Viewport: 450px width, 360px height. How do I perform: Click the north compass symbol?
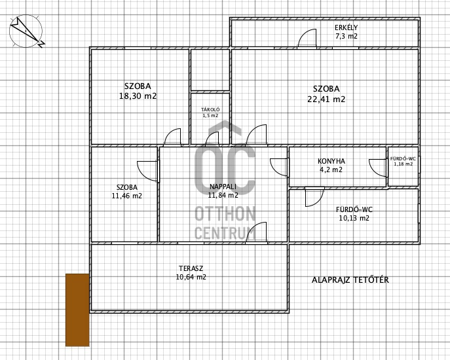point(26,31)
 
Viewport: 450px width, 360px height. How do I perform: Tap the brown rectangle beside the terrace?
point(77,310)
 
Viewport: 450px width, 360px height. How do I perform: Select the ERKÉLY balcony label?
point(347,27)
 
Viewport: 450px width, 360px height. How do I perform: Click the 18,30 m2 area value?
point(138,96)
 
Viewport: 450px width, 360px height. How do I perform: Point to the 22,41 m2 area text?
point(326,99)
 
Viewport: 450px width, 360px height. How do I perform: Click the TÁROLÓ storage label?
point(210,109)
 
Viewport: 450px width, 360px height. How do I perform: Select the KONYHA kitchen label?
point(331,161)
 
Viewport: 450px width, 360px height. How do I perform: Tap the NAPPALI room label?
point(223,187)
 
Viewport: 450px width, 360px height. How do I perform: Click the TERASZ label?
point(191,268)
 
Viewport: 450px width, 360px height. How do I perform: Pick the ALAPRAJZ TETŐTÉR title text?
point(350,279)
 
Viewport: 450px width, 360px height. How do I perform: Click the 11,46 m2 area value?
point(127,196)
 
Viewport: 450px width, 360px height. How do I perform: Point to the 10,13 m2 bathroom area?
point(354,218)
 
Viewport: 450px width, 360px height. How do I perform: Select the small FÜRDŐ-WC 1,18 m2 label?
point(403,161)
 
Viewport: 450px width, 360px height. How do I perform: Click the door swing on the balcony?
point(307,38)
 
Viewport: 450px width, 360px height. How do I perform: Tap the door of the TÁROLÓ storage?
point(212,139)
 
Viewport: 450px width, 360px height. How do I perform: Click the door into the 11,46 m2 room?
point(148,171)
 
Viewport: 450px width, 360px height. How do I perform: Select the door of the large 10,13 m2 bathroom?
point(314,197)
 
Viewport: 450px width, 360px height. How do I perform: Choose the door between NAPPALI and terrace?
point(256,232)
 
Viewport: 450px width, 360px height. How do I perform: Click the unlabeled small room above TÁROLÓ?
point(210,69)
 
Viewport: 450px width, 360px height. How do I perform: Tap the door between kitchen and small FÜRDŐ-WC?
point(378,168)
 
